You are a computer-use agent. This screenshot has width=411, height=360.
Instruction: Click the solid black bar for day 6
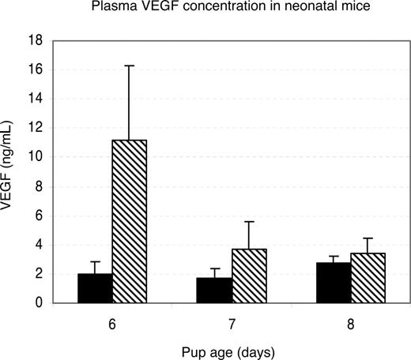point(95,288)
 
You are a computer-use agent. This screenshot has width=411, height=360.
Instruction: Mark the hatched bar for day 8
point(368,278)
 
